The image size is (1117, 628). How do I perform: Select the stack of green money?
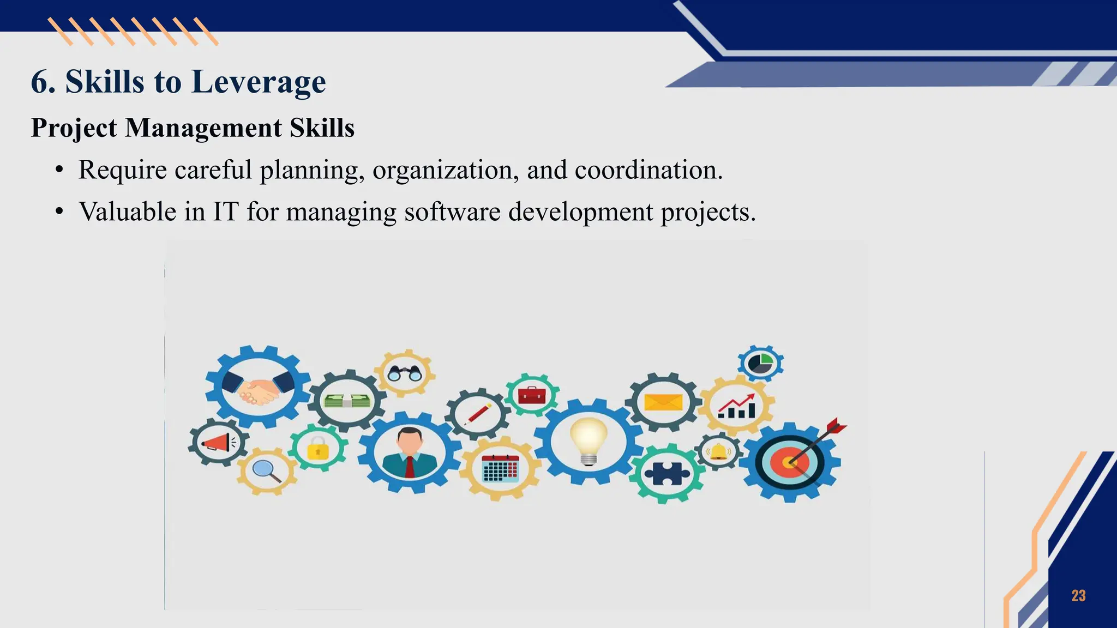(x=347, y=401)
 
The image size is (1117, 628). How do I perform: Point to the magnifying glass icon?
(x=266, y=469)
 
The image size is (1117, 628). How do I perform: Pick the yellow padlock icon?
(x=317, y=449)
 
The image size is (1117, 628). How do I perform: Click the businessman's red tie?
(x=409, y=467)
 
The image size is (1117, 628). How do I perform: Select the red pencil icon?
(x=478, y=414)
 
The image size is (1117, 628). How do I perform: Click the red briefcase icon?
(x=532, y=395)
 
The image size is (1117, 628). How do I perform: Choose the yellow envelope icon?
(x=663, y=403)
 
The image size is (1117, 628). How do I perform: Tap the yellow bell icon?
(x=718, y=452)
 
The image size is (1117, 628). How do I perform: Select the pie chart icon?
(x=760, y=363)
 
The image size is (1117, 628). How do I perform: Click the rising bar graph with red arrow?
(x=737, y=406)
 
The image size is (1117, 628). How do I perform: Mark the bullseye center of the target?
(x=789, y=462)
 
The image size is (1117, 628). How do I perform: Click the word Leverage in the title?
(x=259, y=82)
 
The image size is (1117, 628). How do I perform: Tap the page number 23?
(x=1078, y=595)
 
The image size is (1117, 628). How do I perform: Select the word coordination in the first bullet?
(x=648, y=170)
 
